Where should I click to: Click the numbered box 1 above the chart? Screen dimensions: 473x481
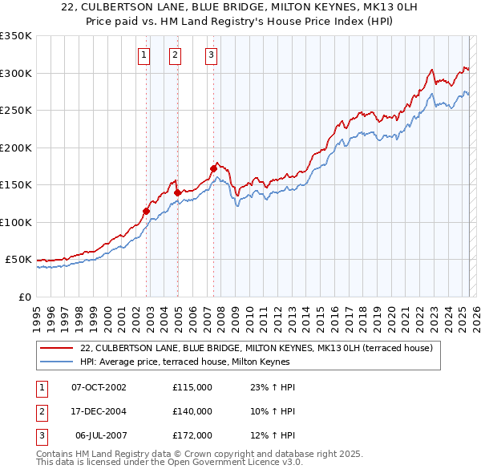143,55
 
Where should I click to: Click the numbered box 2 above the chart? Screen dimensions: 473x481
175,55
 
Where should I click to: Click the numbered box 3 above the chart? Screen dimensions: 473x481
210,55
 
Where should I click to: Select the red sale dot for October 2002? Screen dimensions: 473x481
147,212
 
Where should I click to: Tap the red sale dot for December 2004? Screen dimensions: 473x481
178,192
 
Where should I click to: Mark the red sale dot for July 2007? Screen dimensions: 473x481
213,168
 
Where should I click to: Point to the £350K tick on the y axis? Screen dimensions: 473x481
15,36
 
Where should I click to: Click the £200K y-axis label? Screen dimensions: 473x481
15,148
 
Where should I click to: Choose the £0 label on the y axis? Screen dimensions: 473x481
23,297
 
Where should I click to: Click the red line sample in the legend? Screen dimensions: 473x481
57,348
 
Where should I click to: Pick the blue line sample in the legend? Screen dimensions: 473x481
57,362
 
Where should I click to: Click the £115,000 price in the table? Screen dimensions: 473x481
192,387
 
